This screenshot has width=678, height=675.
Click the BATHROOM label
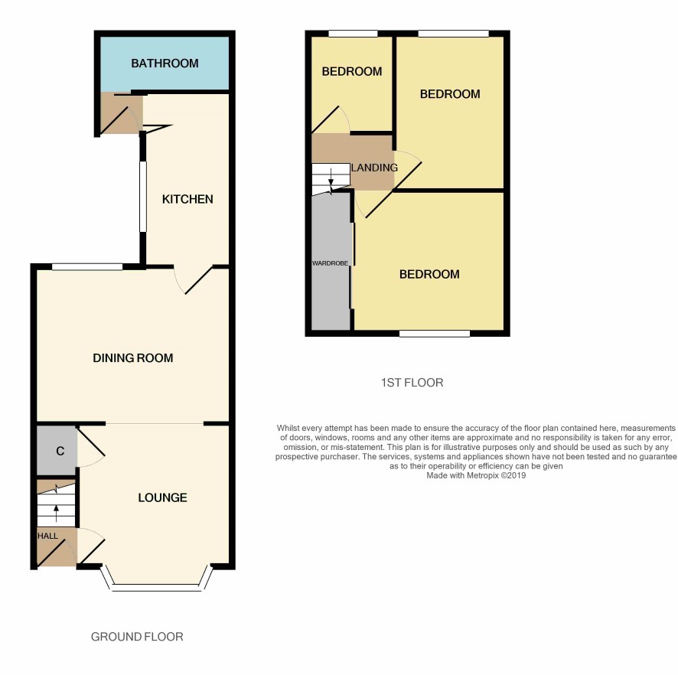[165, 64]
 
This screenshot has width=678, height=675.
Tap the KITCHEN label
[187, 199]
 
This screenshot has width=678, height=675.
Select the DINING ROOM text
[133, 358]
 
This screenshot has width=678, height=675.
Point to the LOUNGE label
[162, 497]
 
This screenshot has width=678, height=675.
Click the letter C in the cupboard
[60, 451]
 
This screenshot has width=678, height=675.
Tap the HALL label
[47, 536]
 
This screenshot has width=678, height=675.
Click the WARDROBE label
[330, 263]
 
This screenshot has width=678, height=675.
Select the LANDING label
[374, 168]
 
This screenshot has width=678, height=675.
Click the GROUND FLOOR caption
[137, 637]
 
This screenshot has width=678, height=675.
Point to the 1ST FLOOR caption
[412, 383]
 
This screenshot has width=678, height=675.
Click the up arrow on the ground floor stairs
[56, 514]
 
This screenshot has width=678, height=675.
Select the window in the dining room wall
[87, 267]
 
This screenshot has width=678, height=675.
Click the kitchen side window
[142, 197]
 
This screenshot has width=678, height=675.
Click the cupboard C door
[91, 447]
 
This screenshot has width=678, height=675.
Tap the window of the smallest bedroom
[353, 34]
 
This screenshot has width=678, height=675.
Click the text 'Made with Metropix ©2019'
[476, 476]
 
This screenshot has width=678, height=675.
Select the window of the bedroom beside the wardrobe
[435, 334]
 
